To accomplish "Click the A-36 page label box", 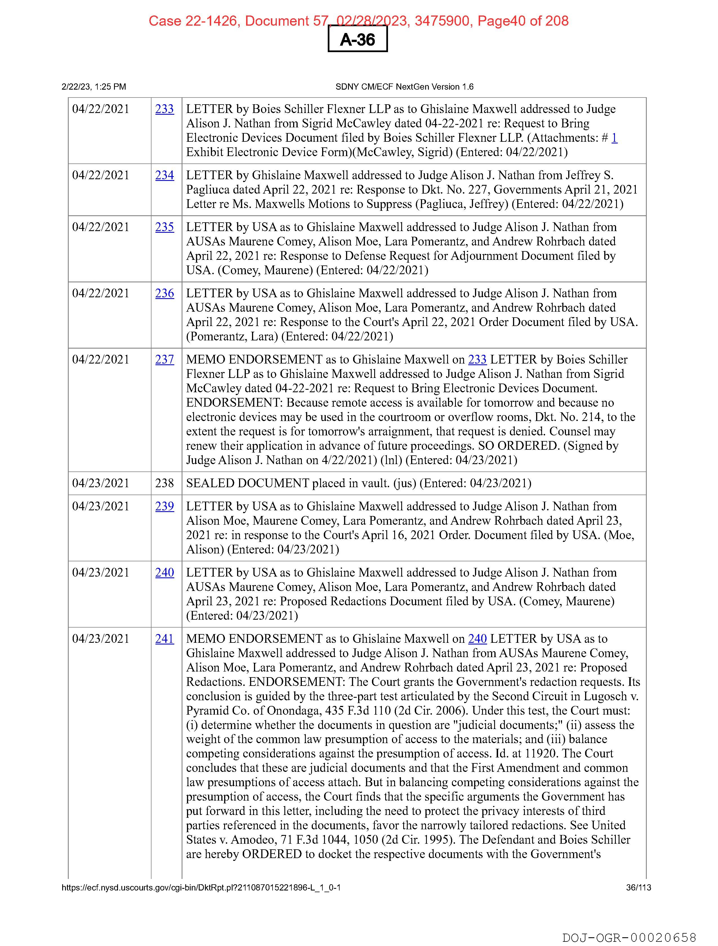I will point(357,39).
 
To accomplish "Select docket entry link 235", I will point(164,227).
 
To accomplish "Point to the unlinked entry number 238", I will point(164,483).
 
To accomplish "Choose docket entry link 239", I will point(164,506).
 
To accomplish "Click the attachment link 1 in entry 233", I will point(614,138).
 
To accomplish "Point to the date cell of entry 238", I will point(101,483).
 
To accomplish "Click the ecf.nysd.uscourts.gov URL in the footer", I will point(201,887).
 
